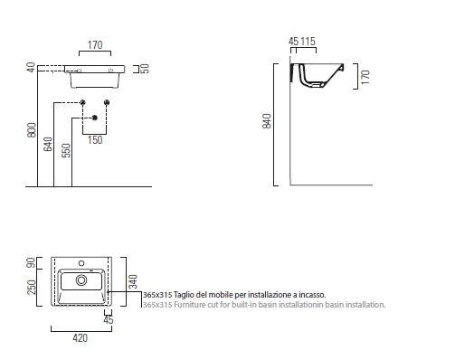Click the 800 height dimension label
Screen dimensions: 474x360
[32, 130]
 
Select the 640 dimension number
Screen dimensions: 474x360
[48, 144]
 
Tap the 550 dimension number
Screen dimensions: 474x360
[66, 150]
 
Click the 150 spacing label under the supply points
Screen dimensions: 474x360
[95, 140]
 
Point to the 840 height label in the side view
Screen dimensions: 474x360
[267, 121]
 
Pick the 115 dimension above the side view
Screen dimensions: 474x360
[308, 42]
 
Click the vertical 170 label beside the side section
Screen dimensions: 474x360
[365, 77]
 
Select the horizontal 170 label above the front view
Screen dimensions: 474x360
[95, 45]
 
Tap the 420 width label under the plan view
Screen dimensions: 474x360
[81, 338]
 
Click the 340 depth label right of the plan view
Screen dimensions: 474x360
[133, 281]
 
